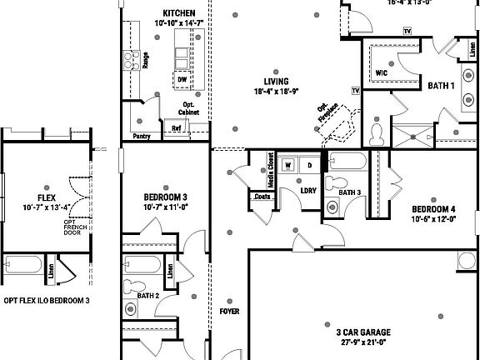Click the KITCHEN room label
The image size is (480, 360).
[x=179, y=13]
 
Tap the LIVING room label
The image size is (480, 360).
[x=276, y=81]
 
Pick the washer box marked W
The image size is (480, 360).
[x=288, y=165]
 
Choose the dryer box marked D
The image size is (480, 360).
[x=309, y=165]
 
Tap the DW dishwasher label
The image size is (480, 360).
[x=182, y=79]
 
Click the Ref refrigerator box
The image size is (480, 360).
[x=177, y=128]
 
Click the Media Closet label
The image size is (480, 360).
[x=272, y=170]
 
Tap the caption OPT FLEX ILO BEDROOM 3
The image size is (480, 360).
[x=47, y=300]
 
